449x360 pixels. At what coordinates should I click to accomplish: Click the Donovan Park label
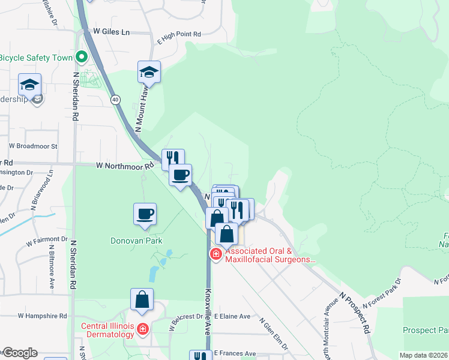coord(136,241)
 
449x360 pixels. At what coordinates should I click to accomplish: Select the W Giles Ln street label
coord(111,32)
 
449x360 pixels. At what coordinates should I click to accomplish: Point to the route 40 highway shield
coord(115,99)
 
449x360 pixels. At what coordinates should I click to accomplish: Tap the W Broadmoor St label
coord(32,146)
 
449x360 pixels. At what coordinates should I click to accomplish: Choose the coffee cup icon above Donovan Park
coord(145,214)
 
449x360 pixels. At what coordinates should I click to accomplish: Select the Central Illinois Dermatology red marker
coord(142,329)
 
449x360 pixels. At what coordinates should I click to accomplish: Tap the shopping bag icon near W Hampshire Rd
coord(142,299)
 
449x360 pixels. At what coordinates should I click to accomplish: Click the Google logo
coord(19,353)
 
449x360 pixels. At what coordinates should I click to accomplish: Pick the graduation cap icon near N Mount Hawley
coord(149,73)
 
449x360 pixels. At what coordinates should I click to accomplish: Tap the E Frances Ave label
coord(235,353)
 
